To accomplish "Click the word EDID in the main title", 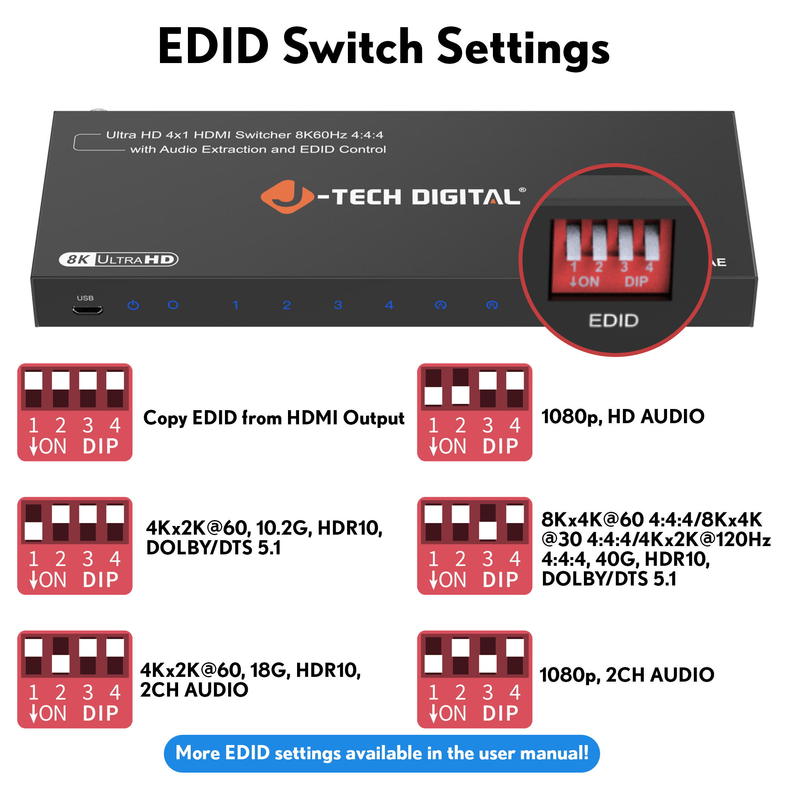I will (213, 46).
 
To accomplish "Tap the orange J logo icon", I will (287, 197).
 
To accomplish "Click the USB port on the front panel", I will (88, 310).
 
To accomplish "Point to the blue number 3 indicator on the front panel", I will (338, 305).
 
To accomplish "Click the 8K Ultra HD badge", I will (119, 259).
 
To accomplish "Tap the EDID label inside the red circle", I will (613, 321).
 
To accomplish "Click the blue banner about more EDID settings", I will (382, 753).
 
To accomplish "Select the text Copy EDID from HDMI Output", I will (274, 418).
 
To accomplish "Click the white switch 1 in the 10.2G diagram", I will (33, 531).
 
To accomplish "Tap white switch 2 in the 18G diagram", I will (61, 663).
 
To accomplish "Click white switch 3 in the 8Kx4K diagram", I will (488, 531).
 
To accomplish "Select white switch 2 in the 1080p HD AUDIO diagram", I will (461, 395).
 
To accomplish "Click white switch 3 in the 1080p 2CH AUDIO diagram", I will (488, 663).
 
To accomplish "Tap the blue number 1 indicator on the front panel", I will (235, 305).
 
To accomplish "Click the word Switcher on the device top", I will (263, 135).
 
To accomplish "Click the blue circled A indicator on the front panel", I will (440, 305).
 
